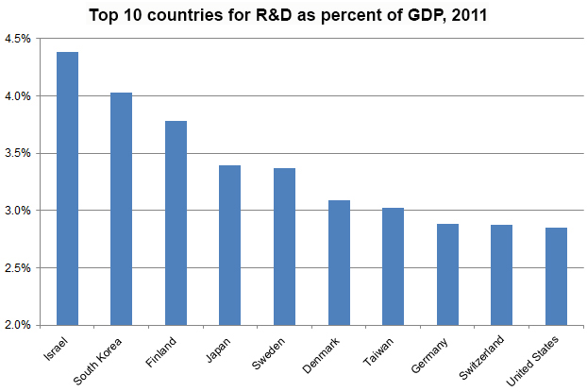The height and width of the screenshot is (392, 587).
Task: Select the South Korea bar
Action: pyautogui.click(x=122, y=209)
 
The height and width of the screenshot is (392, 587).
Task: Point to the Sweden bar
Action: pyautogui.click(x=285, y=247)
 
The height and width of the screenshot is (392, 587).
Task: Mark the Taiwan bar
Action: pyautogui.click(x=394, y=266)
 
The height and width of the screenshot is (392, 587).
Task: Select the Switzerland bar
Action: pyautogui.click(x=502, y=275)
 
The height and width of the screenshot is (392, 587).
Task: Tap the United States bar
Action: pyautogui.click(x=556, y=276)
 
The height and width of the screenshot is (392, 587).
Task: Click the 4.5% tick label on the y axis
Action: pyautogui.click(x=18, y=39)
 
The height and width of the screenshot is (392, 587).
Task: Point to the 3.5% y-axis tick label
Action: pyautogui.click(x=18, y=153)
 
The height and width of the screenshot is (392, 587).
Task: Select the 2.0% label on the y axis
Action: pyautogui.click(x=18, y=325)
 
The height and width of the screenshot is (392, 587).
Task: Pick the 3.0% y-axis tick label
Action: pyautogui.click(x=18, y=211)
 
